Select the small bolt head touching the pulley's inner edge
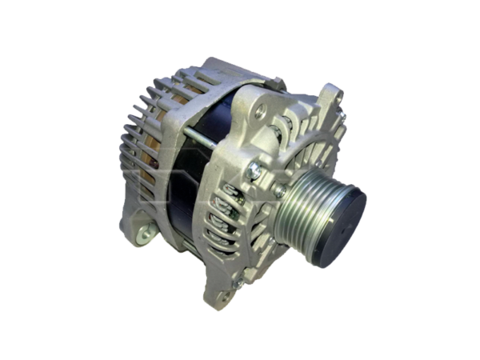(280, 192)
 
